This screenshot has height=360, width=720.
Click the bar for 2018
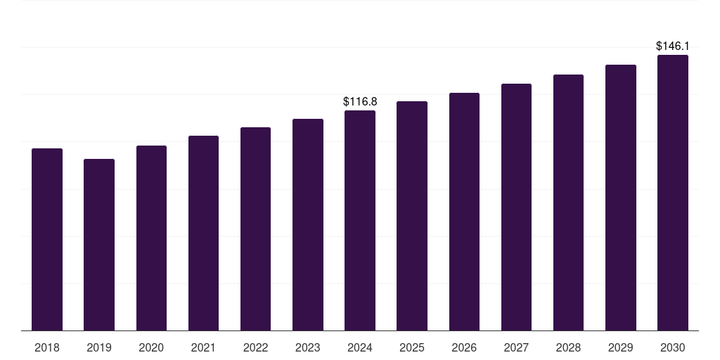click(47, 239)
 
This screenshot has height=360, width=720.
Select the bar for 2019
click(99, 245)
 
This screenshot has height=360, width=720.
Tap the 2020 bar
click(151, 238)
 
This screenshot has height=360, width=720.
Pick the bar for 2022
click(255, 229)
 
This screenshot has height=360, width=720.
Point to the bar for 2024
click(360, 220)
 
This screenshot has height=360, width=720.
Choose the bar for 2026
click(464, 211)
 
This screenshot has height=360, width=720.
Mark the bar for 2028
click(568, 202)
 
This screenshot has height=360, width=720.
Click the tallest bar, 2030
click(672, 193)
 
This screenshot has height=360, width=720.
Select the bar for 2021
click(203, 233)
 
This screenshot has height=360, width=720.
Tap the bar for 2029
click(620, 198)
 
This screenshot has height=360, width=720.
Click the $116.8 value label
click(360, 102)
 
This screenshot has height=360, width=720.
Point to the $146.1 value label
click(672, 46)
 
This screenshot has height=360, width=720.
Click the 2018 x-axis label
click(47, 347)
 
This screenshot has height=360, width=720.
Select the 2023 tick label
click(307, 347)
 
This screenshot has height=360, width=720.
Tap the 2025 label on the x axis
click(412, 347)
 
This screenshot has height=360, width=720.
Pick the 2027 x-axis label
click(516, 347)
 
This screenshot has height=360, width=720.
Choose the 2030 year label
click(672, 347)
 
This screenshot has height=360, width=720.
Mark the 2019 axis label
click(99, 347)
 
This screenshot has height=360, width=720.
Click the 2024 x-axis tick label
click(360, 347)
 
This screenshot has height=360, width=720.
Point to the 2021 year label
click(203, 347)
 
